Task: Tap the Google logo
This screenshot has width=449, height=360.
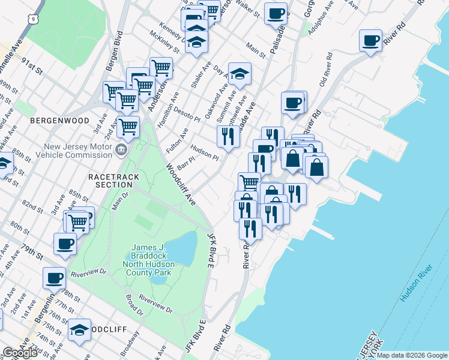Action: (x=20, y=353)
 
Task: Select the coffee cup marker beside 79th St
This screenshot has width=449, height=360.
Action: (x=65, y=244)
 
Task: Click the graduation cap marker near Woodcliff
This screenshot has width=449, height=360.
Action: (x=79, y=329)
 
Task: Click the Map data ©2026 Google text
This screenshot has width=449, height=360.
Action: (x=412, y=355)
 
